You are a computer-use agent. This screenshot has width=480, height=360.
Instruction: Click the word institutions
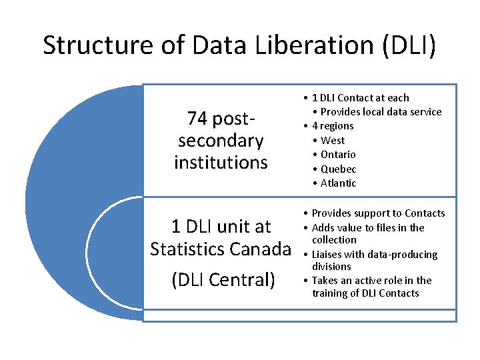pyautogui.click(x=221, y=162)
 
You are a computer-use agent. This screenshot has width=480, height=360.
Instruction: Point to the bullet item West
pyautogui.click(x=333, y=140)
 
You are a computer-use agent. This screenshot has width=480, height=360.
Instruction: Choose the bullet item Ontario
pyautogui.click(x=338, y=155)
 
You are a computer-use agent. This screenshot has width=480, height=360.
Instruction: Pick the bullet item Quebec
pyautogui.click(x=339, y=169)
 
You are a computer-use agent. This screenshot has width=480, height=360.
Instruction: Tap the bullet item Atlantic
pyautogui.click(x=339, y=183)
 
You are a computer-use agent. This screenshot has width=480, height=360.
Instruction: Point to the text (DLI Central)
pyautogui.click(x=223, y=279)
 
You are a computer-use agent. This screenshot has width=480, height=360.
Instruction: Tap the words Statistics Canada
pyautogui.click(x=221, y=249)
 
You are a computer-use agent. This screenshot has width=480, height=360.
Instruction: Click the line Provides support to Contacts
pyautogui.click(x=378, y=213)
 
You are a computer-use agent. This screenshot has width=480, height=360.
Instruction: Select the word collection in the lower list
pyautogui.click(x=334, y=240)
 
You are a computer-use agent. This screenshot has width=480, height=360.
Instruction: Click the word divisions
pyautogui.click(x=331, y=267)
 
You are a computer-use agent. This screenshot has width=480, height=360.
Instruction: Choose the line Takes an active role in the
pyautogui.click(x=371, y=280)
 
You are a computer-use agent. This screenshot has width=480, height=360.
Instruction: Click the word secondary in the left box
pyautogui.click(x=221, y=141)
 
